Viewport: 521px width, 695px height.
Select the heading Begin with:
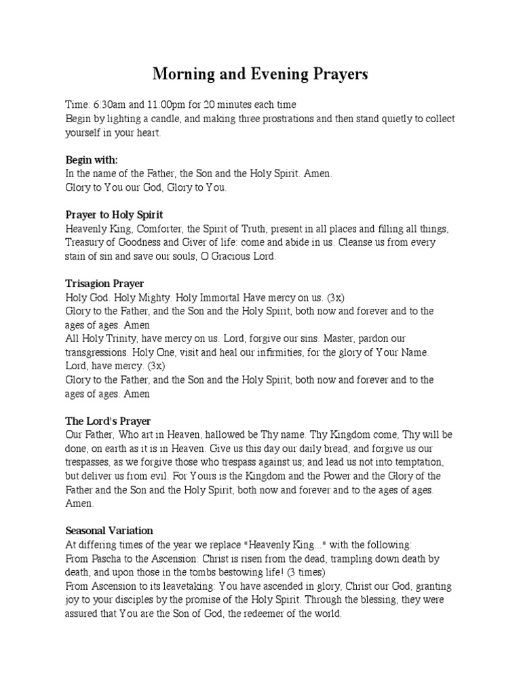(92, 160)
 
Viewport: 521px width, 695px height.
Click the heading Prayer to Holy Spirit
(114, 215)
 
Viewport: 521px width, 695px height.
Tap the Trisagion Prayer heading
(104, 284)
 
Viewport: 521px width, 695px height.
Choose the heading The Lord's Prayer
(108, 421)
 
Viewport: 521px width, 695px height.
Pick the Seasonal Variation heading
(109, 531)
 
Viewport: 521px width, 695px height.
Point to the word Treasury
(86, 243)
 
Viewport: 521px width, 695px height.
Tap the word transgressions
(98, 352)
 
